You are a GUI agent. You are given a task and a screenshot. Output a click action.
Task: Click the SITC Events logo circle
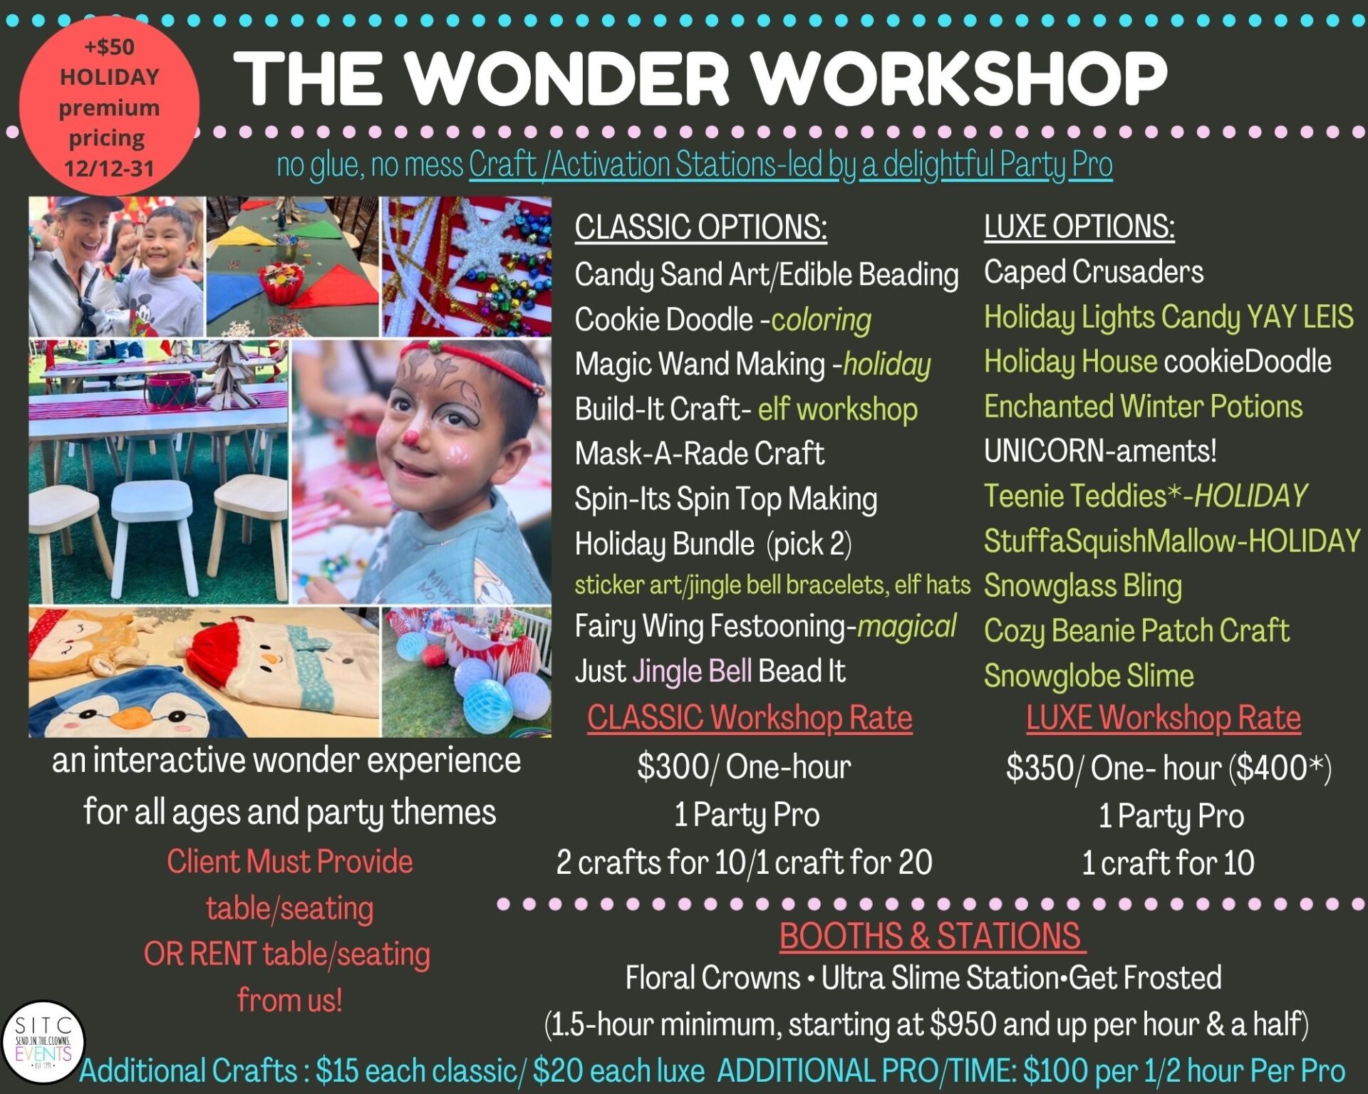pyautogui.click(x=43, y=1043)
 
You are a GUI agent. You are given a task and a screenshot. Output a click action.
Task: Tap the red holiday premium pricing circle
pyautogui.click(x=109, y=106)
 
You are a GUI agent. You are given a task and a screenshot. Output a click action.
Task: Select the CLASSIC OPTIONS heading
pyautogui.click(x=700, y=227)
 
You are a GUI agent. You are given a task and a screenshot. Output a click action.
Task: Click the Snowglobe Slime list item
pyautogui.click(x=1089, y=675)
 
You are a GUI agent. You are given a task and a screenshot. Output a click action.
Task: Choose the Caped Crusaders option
pyautogui.click(x=1094, y=272)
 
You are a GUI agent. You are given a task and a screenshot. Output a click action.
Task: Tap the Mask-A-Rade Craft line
pyautogui.click(x=700, y=453)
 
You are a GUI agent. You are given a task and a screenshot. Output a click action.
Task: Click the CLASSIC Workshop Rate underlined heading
pyautogui.click(x=750, y=718)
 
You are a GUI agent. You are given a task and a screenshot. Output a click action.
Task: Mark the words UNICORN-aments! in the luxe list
pyautogui.click(x=1100, y=451)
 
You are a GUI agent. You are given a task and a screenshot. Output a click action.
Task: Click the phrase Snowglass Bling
pyautogui.click(x=1083, y=585)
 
